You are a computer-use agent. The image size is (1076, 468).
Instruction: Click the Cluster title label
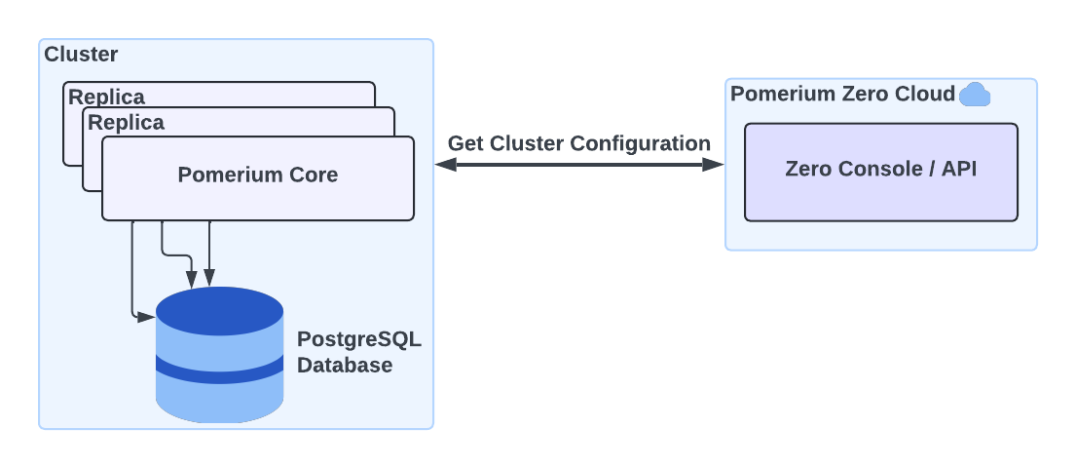tap(81, 55)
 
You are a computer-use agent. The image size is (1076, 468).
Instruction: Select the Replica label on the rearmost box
tap(106, 97)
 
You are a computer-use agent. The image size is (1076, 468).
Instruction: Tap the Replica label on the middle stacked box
tap(126, 123)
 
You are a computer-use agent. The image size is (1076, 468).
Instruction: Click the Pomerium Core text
tap(258, 175)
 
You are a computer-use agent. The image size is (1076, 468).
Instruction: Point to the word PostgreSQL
tap(359, 341)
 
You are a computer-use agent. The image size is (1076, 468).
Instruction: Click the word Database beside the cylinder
tap(345, 366)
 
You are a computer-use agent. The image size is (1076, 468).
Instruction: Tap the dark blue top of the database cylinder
tap(220, 310)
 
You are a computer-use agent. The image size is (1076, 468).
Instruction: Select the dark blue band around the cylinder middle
tap(220, 370)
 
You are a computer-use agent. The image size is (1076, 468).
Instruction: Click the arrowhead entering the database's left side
tap(147, 317)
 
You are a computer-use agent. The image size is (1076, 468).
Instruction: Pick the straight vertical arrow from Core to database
tap(209, 253)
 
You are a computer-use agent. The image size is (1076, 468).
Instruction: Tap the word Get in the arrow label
tap(465, 143)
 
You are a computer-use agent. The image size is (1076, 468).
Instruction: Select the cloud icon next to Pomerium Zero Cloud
tap(974, 95)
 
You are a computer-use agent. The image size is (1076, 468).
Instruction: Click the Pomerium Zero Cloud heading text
tap(842, 94)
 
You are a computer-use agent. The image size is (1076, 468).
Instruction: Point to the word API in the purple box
tap(957, 169)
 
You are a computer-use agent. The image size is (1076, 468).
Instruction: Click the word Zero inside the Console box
tap(809, 169)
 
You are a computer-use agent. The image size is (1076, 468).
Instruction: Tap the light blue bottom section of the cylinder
tap(220, 402)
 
